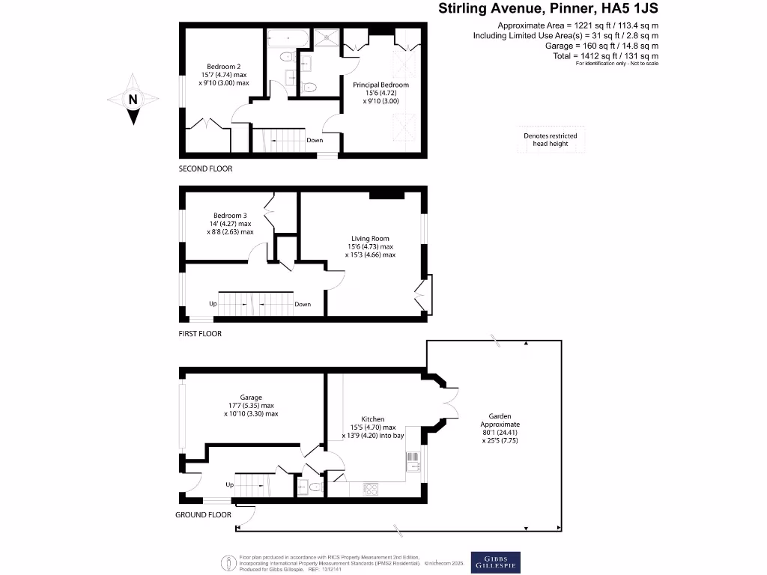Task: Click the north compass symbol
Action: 133,99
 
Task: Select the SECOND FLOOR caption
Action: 205,169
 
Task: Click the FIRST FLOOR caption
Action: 200,334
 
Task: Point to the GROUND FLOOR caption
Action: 203,515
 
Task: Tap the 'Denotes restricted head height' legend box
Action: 551,139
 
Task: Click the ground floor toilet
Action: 315,487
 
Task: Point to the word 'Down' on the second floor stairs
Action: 315,140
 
